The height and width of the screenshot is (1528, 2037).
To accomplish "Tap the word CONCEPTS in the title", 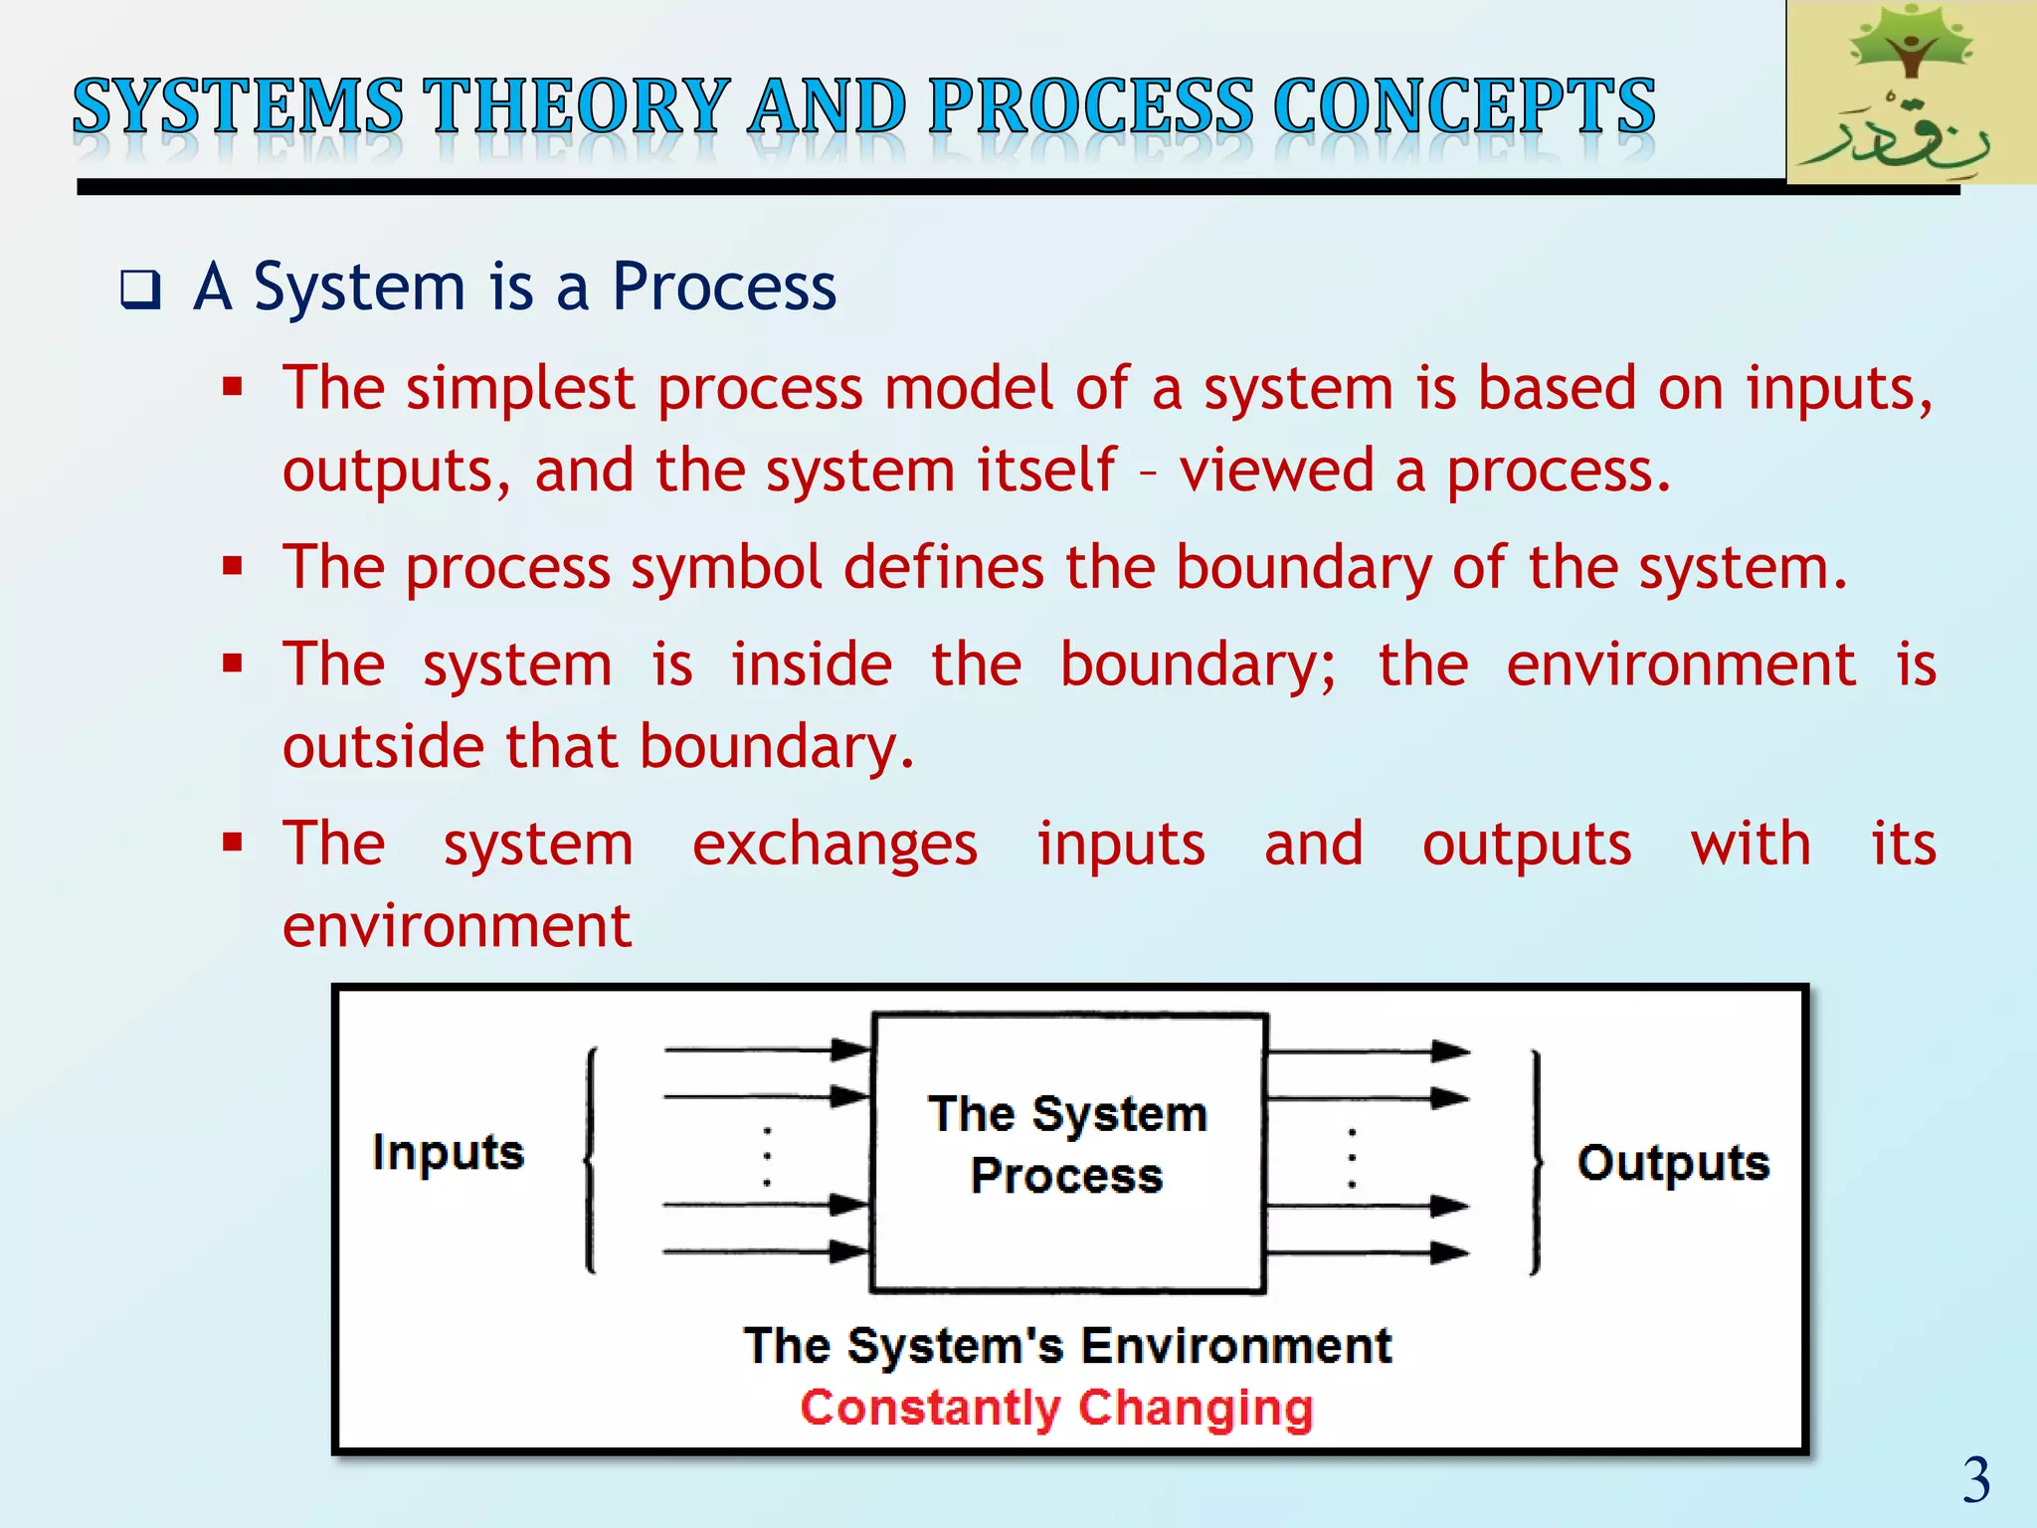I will [1463, 106].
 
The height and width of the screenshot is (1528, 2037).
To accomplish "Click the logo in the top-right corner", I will [1910, 92].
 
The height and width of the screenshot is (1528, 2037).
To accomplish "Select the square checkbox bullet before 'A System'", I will [140, 290].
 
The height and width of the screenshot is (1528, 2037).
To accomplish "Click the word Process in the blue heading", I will [723, 287].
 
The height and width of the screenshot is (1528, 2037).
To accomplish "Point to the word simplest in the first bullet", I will [519, 388].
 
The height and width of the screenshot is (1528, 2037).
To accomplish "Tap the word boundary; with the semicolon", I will [1198, 665].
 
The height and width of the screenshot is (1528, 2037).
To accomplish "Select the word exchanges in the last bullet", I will [834, 845].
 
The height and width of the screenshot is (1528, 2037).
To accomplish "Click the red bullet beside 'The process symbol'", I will [233, 567].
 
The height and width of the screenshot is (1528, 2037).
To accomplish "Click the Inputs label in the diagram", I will [448, 1153].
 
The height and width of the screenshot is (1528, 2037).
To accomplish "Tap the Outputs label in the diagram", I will [1673, 1163].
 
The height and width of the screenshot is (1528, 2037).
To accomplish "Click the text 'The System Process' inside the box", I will [1067, 1145].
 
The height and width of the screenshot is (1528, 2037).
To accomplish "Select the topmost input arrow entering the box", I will [766, 1050].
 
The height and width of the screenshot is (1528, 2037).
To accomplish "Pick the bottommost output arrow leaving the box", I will [1368, 1253].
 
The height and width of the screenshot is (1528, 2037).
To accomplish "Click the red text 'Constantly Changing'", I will [1056, 1409].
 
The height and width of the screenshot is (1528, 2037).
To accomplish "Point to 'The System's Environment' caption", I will [1067, 1346].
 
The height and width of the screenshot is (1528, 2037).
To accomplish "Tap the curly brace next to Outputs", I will [1537, 1162].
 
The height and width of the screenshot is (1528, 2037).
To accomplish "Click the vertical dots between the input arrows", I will [767, 1157].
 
